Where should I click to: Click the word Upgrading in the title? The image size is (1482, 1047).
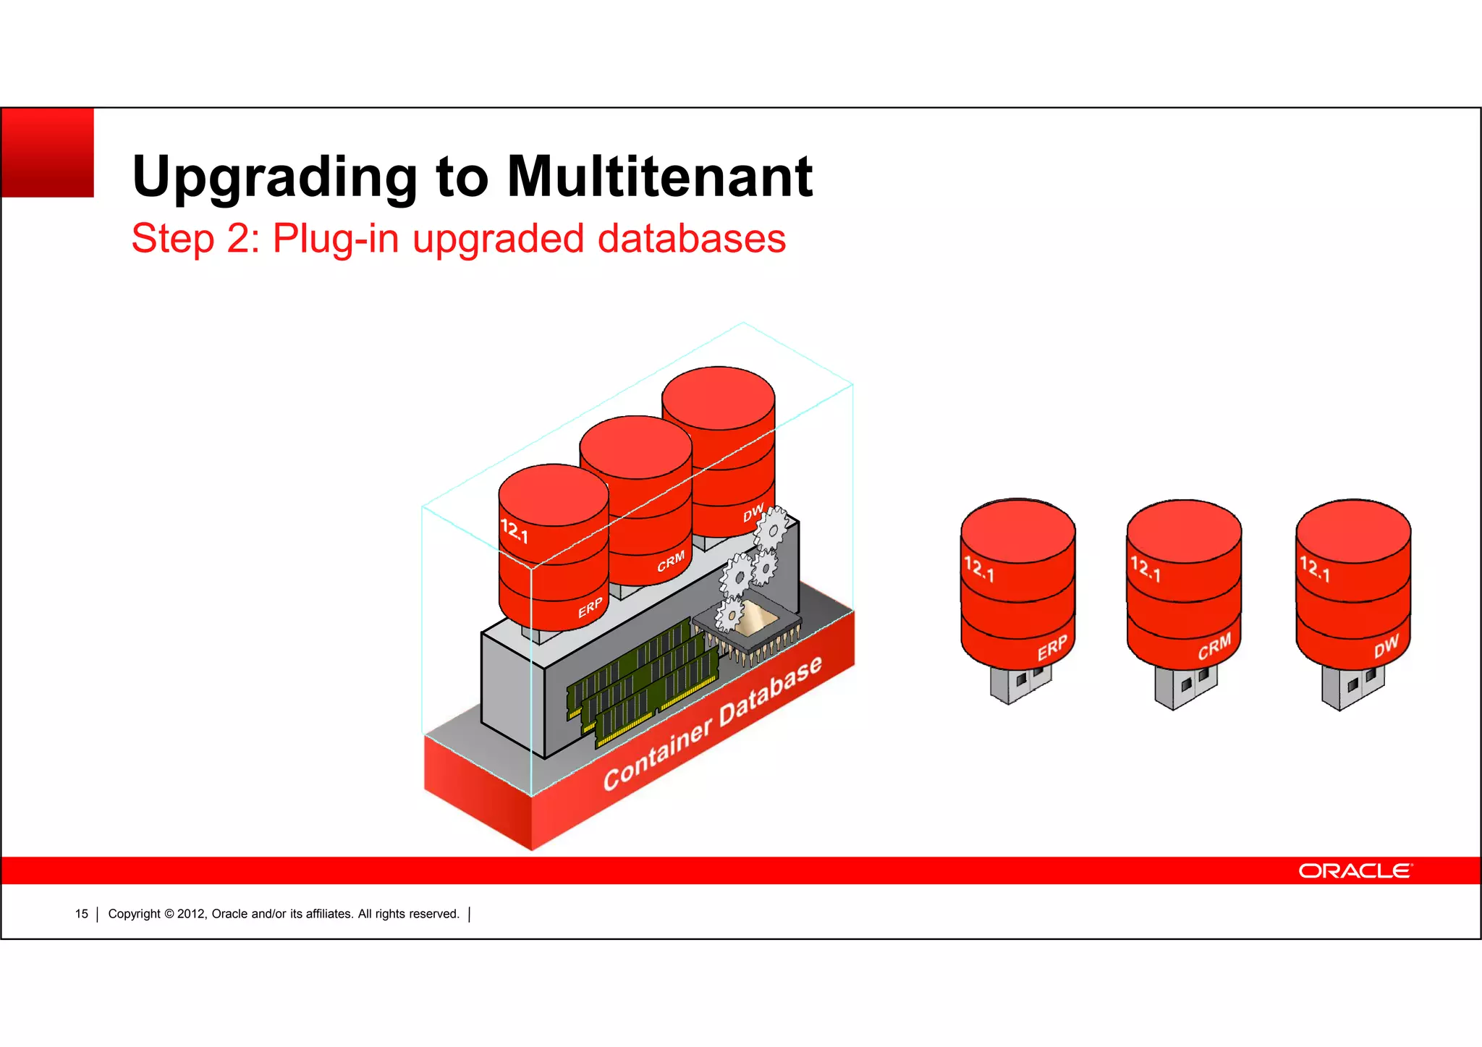click(x=274, y=177)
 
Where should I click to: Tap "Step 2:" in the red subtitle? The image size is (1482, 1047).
click(x=195, y=238)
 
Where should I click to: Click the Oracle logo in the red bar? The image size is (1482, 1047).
click(x=1355, y=870)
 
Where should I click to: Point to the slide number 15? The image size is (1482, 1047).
click(x=81, y=914)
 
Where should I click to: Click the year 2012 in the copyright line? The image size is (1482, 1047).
click(x=191, y=914)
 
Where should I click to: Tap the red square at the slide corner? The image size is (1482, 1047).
click(x=48, y=153)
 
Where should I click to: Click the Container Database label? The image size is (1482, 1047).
click(x=713, y=723)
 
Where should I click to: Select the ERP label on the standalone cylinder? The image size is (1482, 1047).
click(x=1051, y=648)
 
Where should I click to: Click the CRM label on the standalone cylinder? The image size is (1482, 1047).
click(x=1214, y=647)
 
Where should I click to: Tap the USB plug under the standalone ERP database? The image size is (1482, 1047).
click(x=1020, y=683)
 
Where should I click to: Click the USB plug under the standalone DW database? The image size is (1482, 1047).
click(x=1352, y=687)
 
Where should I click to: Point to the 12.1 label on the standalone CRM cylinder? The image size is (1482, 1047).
click(x=1146, y=569)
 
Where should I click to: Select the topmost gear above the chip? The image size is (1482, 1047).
click(x=772, y=527)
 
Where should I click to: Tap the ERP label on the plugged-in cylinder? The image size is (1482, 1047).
click(x=590, y=608)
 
